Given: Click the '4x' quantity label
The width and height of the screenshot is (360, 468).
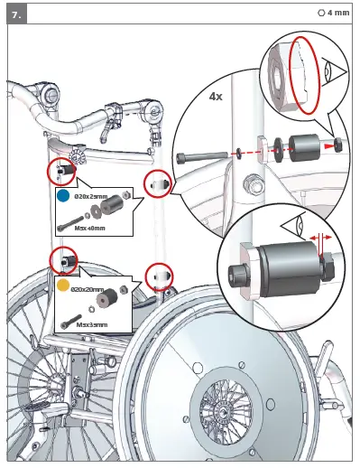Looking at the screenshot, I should pos(217,96).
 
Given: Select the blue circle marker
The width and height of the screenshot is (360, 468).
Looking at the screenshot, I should pos(63,195).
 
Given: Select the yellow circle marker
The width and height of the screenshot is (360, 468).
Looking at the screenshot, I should pos(63,285).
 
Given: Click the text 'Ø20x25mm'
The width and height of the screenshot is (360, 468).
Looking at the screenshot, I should pos(90,196).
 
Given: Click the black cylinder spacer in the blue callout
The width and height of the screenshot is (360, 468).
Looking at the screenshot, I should pos(115,207).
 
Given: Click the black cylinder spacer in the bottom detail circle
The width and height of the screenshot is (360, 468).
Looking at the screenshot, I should pos(286,268).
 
